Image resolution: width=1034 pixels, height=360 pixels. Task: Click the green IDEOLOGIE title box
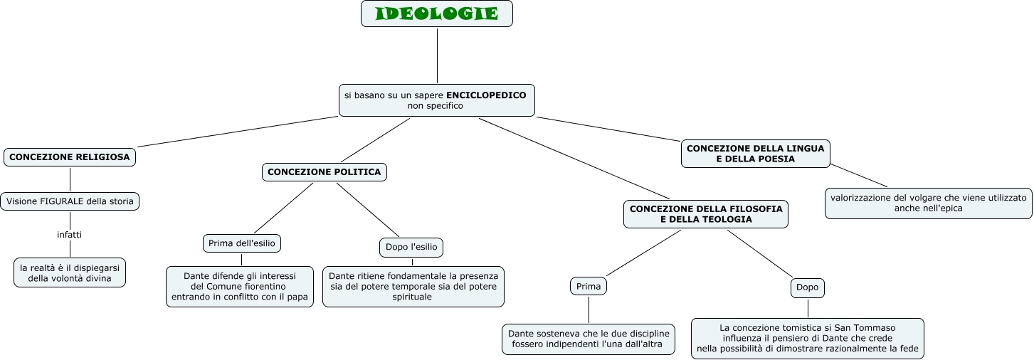tap(436, 14)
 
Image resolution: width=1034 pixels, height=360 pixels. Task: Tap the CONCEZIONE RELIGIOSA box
tap(70, 157)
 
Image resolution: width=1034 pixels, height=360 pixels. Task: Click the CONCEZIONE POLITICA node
tap(325, 172)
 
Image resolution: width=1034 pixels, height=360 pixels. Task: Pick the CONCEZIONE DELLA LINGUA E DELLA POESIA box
tap(755, 154)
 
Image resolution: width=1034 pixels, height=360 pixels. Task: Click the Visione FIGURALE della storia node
tap(70, 201)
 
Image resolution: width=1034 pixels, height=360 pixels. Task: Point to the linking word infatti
tap(70, 234)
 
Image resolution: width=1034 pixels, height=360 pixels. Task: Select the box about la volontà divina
tap(70, 272)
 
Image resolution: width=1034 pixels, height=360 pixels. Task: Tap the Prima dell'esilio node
tap(242, 243)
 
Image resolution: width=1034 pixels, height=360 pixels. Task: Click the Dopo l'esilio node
tap(411, 247)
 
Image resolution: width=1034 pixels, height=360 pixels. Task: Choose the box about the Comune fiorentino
tap(240, 287)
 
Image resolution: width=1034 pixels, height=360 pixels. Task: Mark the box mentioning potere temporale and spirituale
tap(413, 287)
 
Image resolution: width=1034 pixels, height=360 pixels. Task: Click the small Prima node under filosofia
tap(589, 287)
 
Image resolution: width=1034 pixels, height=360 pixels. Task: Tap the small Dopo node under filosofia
tap(807, 287)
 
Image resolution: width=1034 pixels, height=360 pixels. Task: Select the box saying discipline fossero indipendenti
tap(588, 339)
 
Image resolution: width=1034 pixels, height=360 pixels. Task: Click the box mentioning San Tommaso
tap(807, 339)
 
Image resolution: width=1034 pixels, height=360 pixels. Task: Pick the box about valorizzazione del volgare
tap(928, 203)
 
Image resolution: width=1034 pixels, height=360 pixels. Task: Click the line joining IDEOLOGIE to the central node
tap(437, 55)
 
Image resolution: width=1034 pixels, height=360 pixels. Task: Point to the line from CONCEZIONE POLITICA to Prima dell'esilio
tap(283, 208)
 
